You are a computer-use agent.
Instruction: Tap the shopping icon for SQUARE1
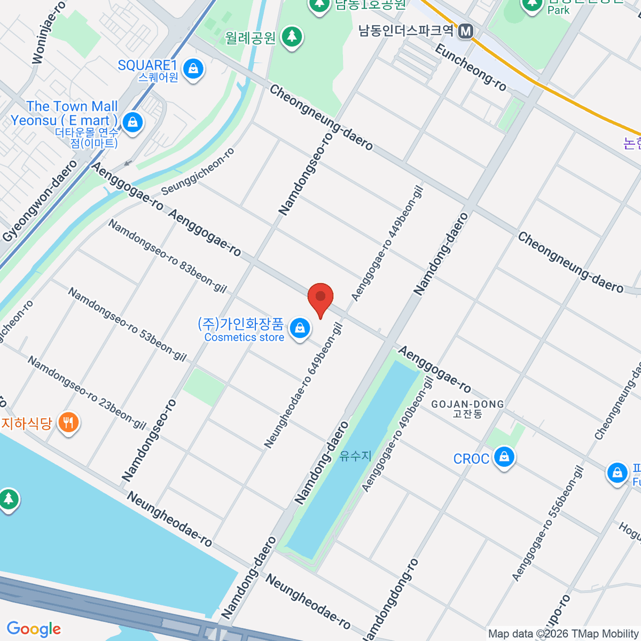point(193,69)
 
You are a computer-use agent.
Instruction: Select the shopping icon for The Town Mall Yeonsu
point(132,122)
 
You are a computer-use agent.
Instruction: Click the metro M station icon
point(466,31)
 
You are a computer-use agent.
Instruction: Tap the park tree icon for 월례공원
point(292,37)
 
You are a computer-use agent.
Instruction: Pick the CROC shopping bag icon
point(503,457)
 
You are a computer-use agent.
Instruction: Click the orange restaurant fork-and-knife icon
point(68,423)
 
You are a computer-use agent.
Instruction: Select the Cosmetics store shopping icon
point(300,329)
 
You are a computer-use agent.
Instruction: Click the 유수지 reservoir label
point(355,456)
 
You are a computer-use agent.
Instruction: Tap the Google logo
point(34,629)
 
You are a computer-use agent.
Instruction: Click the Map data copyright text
point(563,634)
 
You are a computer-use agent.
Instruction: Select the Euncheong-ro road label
point(470,67)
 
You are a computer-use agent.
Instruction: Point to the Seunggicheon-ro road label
point(198,171)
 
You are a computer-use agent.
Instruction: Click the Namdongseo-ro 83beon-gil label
point(167,256)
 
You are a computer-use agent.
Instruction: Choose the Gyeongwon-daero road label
point(40,200)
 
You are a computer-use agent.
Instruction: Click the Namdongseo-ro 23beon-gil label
point(87,393)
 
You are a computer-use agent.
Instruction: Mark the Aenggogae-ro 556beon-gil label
point(548,523)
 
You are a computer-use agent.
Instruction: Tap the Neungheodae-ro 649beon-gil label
point(303,385)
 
